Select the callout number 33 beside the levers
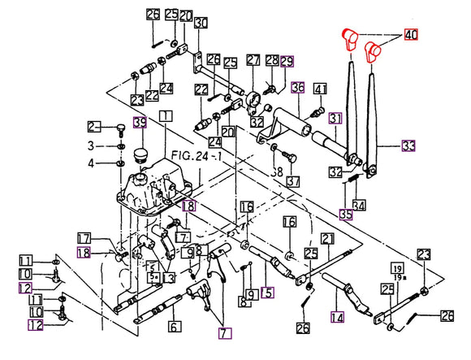coord(408,145)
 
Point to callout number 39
coord(140,123)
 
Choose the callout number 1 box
coord(166,116)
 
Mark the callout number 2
coord(93,126)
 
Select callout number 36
coord(298,88)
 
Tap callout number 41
coord(320,89)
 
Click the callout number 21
coord(327,238)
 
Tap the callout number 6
coord(173,327)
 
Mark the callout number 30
coord(200,22)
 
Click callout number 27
coord(253,61)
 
